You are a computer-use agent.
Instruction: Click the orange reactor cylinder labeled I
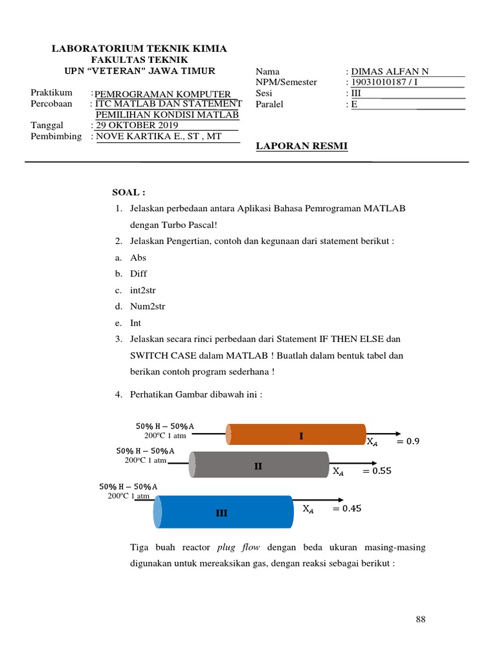[296, 434]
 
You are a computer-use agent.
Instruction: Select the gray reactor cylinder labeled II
[259, 466]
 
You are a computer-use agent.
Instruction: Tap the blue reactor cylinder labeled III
[223, 512]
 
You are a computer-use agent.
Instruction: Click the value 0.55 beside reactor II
[377, 472]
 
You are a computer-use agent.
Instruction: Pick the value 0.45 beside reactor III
[347, 509]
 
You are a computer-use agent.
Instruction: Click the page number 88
[421, 620]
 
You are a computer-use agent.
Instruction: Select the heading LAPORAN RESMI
[302, 146]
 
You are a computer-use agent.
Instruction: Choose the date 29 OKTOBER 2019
[137, 125]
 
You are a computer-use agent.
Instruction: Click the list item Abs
[138, 257]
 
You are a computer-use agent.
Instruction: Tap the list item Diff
[139, 274]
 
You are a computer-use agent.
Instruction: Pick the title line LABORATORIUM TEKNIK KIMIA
[139, 49]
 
